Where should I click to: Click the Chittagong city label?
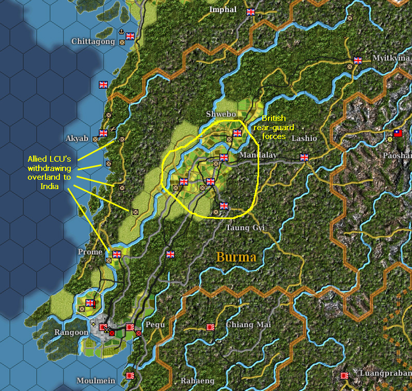(x=93, y=41)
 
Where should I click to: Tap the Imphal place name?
(x=223, y=10)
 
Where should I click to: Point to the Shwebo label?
(x=220, y=114)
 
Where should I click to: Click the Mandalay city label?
(x=258, y=155)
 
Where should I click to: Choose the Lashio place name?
(x=304, y=138)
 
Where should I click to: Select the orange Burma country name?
(x=236, y=257)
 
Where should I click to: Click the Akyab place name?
(x=77, y=138)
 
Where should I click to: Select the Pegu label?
(x=155, y=325)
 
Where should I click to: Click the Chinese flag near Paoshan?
(x=398, y=133)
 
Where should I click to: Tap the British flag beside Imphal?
(x=251, y=11)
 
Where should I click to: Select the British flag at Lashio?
(x=304, y=158)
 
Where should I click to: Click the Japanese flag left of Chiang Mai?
(x=210, y=326)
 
